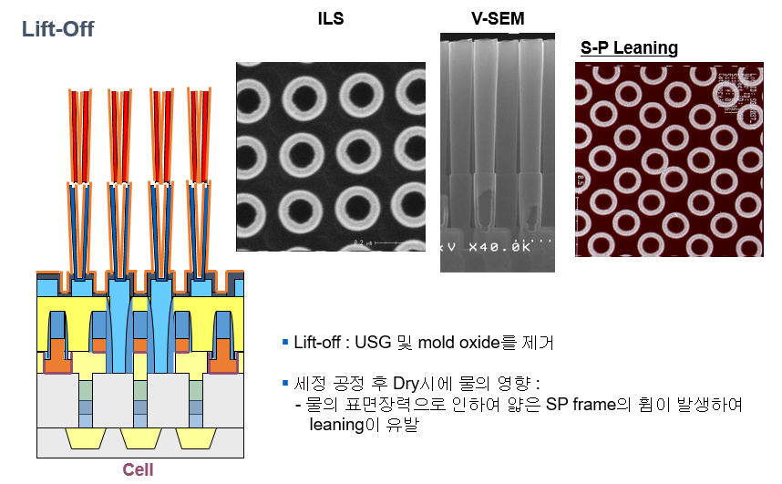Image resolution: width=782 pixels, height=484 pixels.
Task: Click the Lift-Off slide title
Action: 57,28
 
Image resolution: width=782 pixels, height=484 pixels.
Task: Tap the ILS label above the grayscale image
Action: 331,18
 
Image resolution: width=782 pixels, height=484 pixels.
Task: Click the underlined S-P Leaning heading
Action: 629,47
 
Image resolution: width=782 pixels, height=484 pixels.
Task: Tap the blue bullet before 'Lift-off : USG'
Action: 285,342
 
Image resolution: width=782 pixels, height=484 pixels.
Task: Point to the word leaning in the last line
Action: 338,424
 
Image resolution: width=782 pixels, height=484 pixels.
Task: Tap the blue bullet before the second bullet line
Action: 285,381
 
